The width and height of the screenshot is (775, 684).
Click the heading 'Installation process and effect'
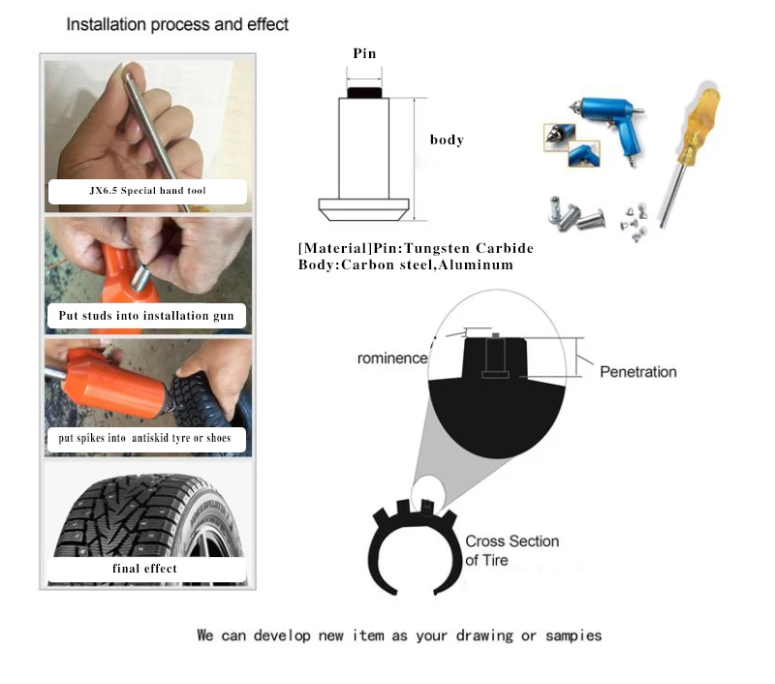(x=177, y=24)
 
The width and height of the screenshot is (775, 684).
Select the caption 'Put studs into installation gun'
(x=146, y=316)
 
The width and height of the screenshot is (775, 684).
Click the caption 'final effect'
(x=146, y=569)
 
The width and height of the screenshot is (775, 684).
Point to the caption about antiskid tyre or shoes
(x=145, y=439)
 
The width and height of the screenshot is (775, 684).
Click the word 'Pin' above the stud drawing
(x=364, y=53)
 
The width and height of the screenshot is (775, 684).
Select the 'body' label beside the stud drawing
(x=447, y=140)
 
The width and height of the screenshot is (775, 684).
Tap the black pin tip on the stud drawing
(x=364, y=93)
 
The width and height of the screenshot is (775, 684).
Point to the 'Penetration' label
(x=637, y=372)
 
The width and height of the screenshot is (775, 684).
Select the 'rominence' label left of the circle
(x=392, y=358)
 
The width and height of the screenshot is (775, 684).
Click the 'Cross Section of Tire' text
(x=511, y=550)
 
